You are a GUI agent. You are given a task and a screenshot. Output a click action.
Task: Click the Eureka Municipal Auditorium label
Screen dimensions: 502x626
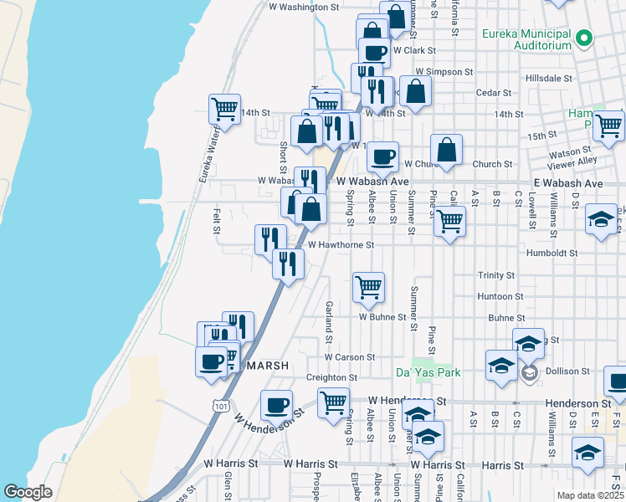(x=526, y=39)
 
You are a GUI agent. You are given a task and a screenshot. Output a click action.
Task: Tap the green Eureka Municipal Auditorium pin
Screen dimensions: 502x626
(x=585, y=38)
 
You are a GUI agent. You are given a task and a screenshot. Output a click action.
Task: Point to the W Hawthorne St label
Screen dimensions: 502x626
(x=340, y=245)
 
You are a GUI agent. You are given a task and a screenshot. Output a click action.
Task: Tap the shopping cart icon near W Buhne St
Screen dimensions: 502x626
(x=368, y=288)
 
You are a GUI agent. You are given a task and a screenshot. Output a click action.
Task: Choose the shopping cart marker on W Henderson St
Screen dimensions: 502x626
(x=334, y=402)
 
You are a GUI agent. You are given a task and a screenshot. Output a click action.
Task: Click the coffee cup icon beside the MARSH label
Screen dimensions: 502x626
(x=211, y=361)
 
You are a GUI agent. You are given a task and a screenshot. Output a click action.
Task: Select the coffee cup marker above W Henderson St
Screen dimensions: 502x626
(x=276, y=406)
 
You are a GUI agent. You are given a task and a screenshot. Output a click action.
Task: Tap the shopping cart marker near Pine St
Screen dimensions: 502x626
(x=449, y=221)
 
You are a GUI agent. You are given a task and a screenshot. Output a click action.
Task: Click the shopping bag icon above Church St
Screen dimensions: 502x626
(x=447, y=150)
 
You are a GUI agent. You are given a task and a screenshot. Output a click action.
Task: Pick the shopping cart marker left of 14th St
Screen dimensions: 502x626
(x=224, y=109)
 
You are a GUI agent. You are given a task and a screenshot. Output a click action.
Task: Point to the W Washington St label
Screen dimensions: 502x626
(x=304, y=7)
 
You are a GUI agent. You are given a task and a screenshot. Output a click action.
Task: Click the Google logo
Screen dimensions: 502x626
(x=28, y=492)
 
